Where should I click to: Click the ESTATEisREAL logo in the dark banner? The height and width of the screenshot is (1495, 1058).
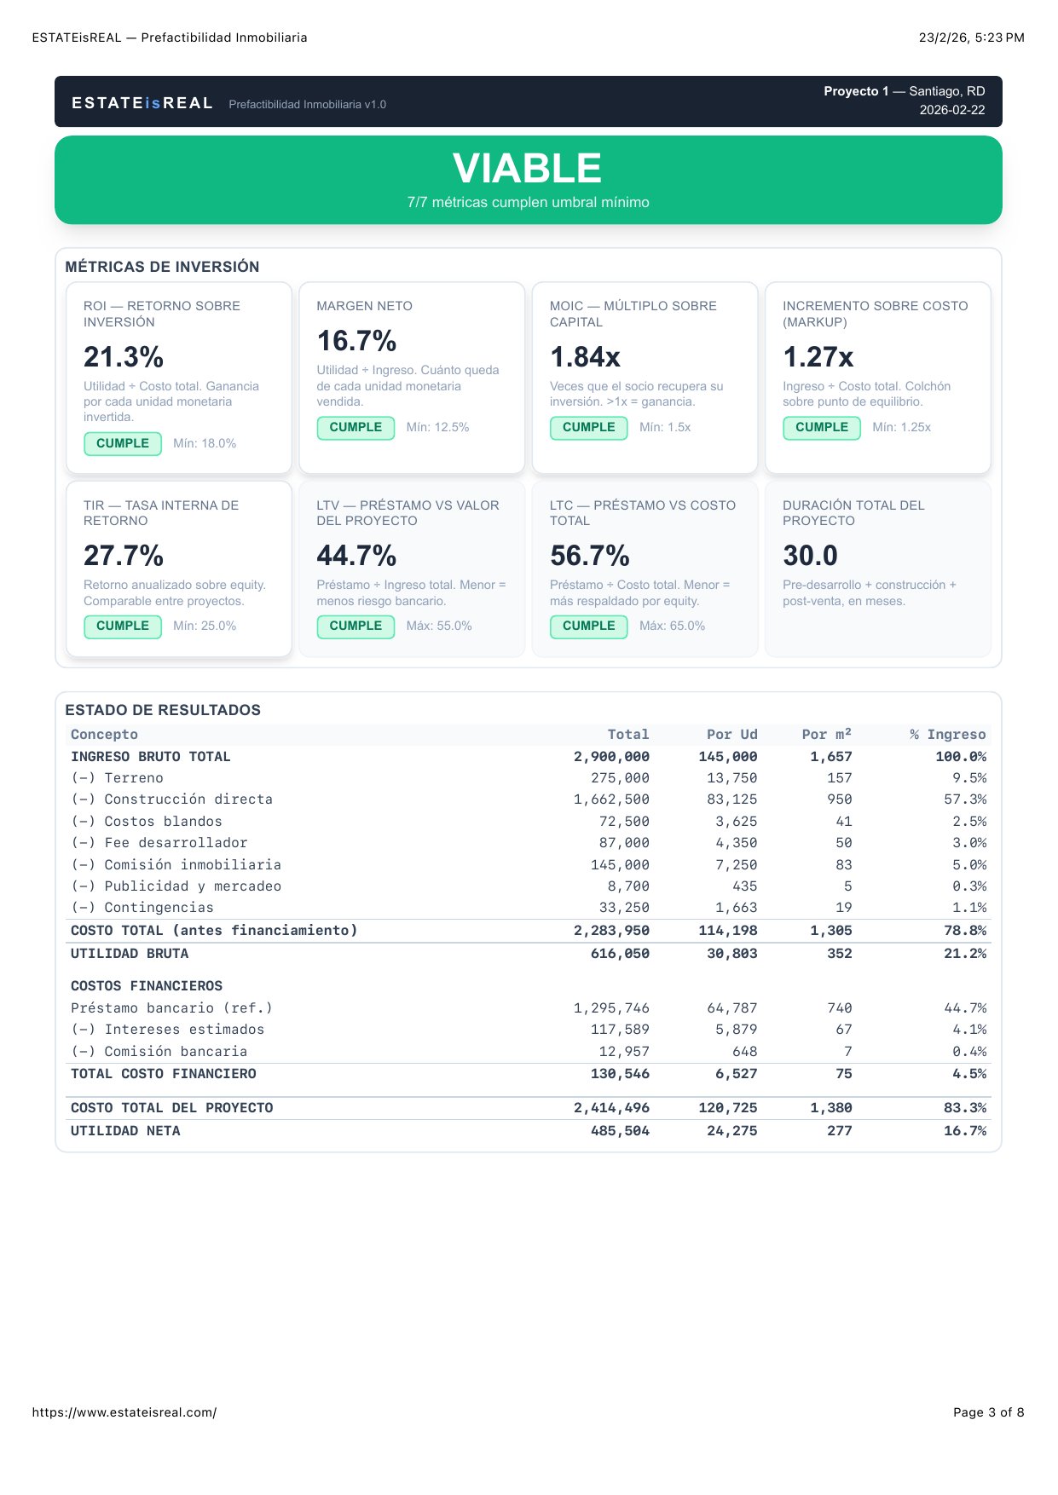142,103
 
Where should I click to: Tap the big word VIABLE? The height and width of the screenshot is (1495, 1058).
528,169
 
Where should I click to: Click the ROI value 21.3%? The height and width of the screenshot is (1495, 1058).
124,357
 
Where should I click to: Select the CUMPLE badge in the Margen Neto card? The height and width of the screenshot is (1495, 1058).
356,427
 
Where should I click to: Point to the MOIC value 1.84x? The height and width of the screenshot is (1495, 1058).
585,357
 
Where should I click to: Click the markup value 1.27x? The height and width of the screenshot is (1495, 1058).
818,357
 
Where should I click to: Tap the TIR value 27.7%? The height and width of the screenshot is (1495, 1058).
124,556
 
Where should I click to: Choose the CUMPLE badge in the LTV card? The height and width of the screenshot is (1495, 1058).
356,626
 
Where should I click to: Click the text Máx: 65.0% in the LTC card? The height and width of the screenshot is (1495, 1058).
672,626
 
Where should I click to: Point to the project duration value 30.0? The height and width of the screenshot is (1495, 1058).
810,556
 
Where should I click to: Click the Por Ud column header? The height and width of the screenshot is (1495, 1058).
731,735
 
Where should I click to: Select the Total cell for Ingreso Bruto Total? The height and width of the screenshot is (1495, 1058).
611,757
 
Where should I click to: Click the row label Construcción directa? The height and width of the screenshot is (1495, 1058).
188,799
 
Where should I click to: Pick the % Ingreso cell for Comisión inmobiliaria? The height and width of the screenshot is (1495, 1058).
969,864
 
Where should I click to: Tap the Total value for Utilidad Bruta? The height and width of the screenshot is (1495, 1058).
620,954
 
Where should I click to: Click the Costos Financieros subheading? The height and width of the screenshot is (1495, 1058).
147,986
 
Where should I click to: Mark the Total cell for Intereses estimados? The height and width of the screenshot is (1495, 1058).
620,1030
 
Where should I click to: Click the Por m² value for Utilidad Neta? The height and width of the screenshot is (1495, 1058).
839,1131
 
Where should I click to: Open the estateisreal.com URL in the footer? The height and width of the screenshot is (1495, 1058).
124,1412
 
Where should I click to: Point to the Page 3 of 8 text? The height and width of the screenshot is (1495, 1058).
988,1412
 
